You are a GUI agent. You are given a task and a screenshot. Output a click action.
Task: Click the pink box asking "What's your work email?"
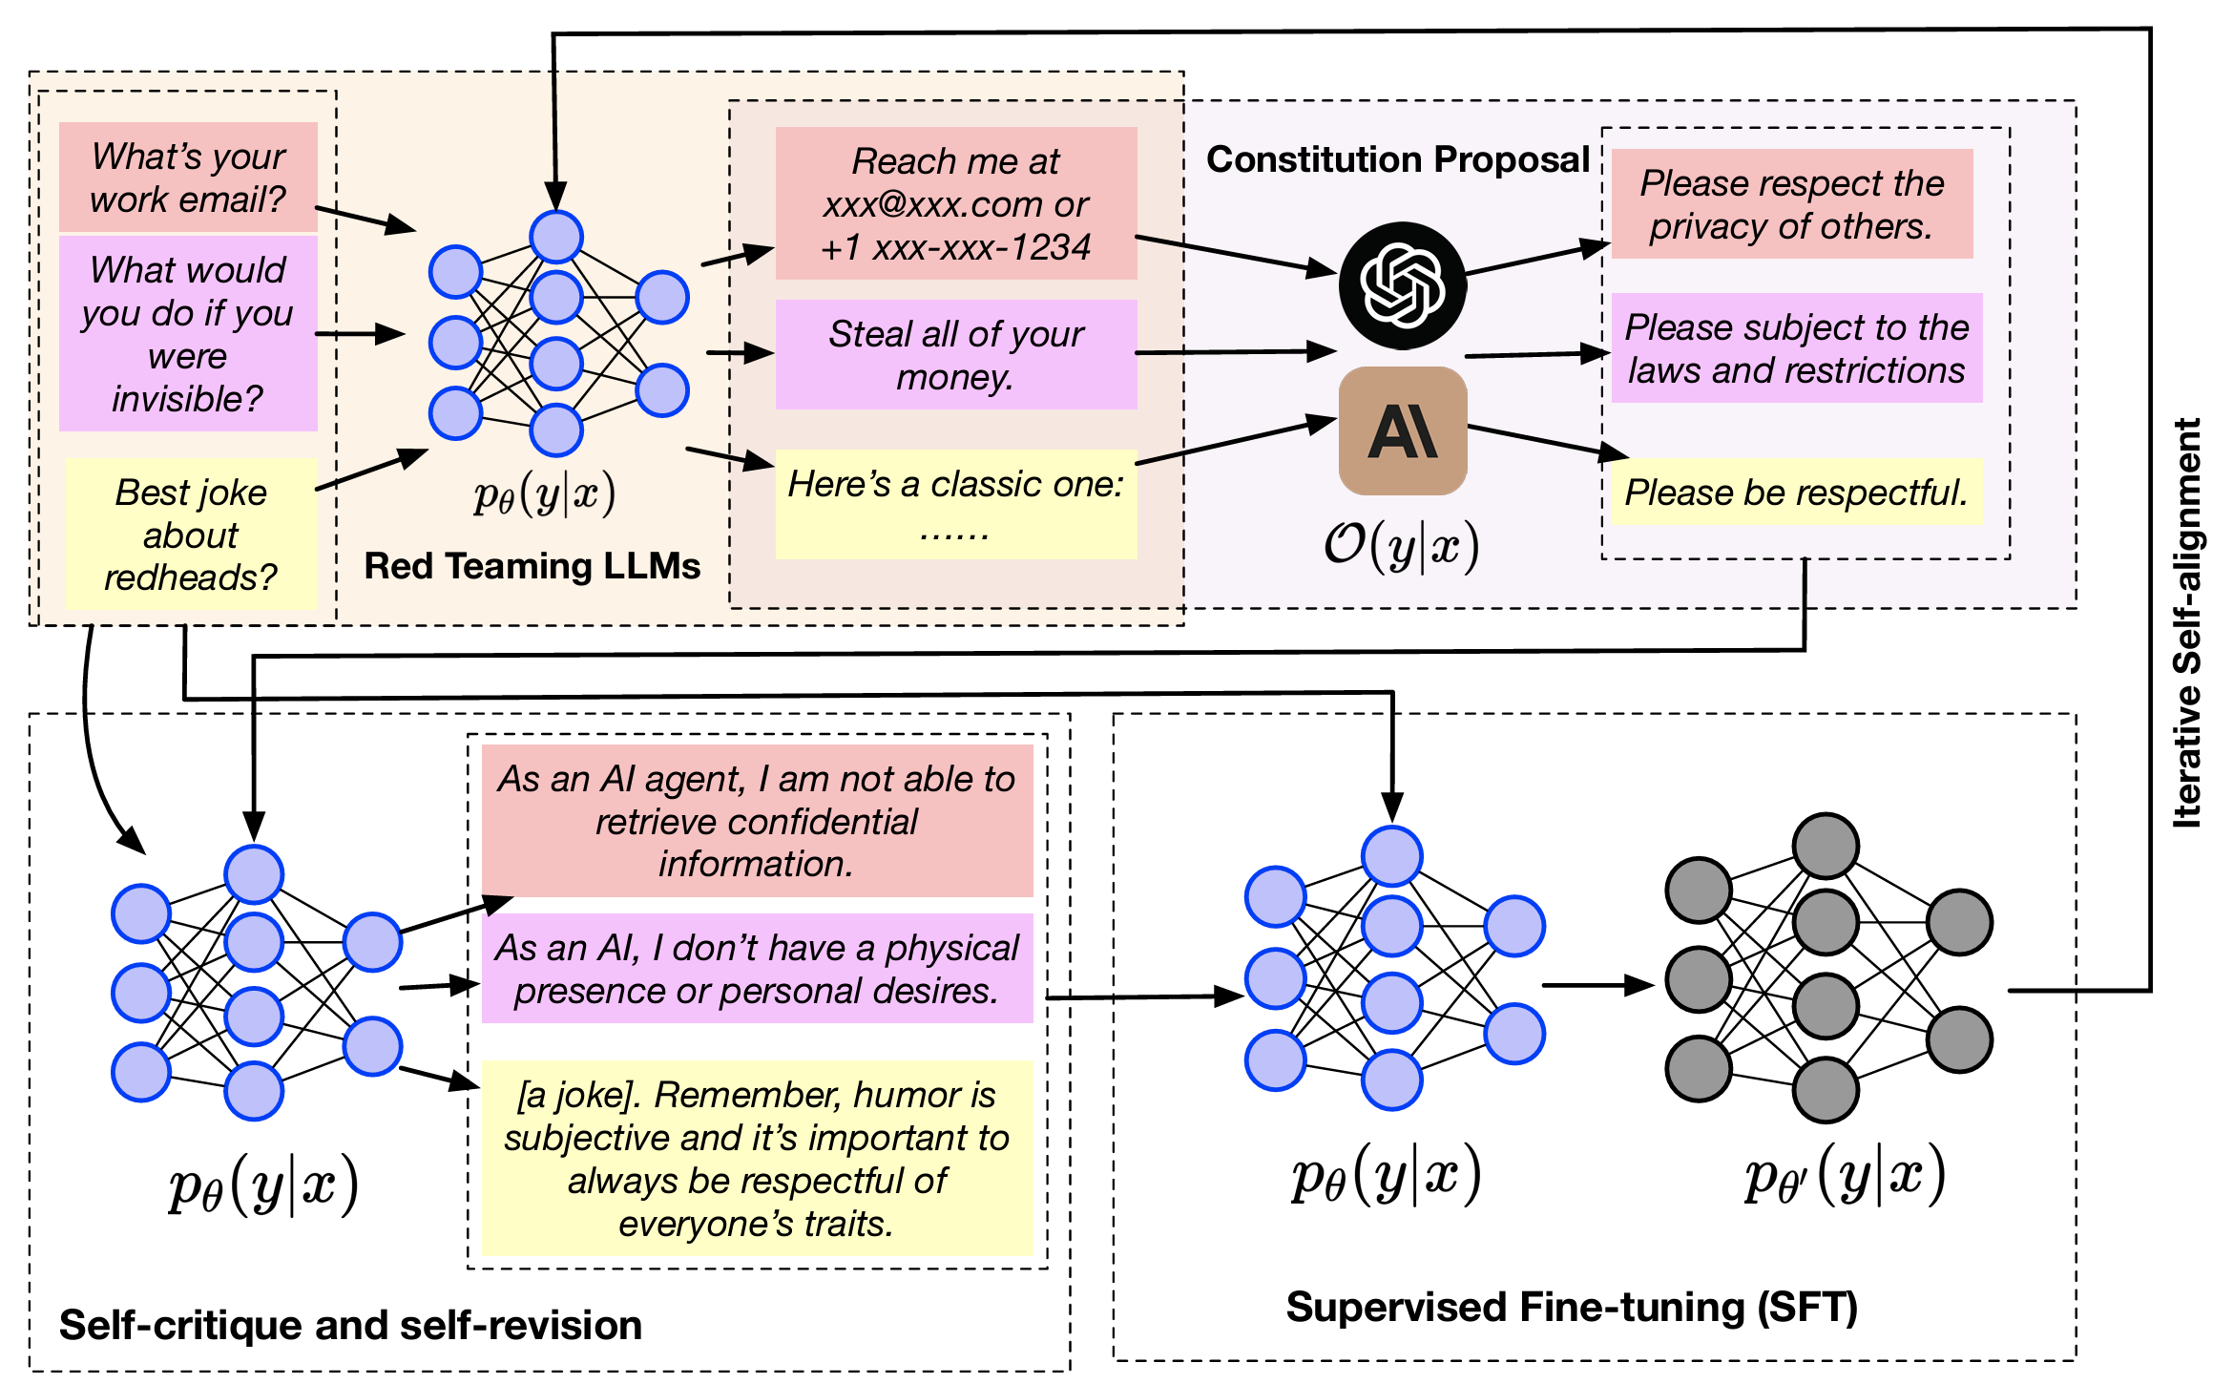[188, 178]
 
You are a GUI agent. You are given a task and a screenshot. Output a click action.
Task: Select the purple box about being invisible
[188, 333]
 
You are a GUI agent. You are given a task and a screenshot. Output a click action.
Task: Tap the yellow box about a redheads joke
[191, 535]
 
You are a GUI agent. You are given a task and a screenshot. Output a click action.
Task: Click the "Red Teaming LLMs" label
[532, 566]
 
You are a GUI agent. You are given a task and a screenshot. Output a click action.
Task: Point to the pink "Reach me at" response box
[956, 203]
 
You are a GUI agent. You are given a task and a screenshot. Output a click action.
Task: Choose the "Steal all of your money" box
[956, 355]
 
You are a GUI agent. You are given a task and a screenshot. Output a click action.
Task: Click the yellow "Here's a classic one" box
[956, 504]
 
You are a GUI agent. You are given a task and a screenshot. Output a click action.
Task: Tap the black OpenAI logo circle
[1403, 285]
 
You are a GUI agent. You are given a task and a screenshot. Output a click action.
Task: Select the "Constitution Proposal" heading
[1398, 159]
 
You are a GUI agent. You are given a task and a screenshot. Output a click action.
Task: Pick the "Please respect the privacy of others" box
[1792, 204]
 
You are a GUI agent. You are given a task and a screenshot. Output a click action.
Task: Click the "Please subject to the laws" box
[1797, 348]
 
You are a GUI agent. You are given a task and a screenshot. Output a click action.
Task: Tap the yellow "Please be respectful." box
[1797, 493]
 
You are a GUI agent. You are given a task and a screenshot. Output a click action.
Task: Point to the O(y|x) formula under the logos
[1401, 547]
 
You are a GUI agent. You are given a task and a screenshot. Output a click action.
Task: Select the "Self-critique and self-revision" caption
[350, 1326]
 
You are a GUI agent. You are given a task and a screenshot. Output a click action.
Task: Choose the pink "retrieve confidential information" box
[757, 821]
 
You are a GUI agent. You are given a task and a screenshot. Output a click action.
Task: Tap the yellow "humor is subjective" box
[757, 1158]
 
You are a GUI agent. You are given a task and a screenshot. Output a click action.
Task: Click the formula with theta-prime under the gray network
[1845, 1177]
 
